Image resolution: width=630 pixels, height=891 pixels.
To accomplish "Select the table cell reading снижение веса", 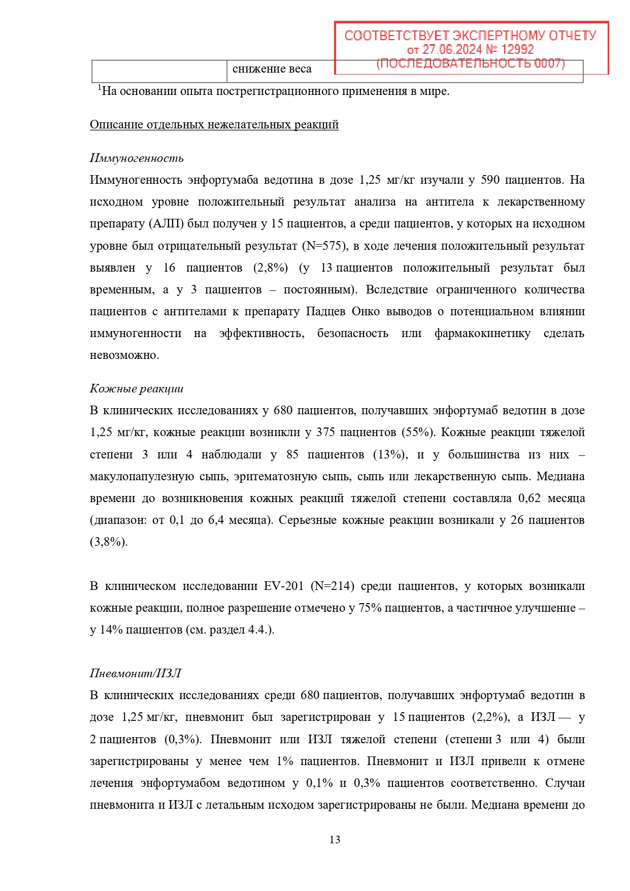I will [272, 70].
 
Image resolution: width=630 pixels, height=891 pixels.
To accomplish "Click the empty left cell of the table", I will [159, 71].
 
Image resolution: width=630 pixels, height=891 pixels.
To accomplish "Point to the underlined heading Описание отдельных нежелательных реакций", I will [214, 125].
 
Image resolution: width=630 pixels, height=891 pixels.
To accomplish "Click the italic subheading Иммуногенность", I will [137, 158].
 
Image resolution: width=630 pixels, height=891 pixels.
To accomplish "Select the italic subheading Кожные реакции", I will [137, 389].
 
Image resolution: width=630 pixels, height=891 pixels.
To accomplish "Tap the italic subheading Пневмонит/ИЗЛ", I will [135, 674].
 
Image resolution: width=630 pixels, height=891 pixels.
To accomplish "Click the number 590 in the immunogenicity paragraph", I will [490, 180].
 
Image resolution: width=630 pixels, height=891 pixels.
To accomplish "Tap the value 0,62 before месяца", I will [529, 499].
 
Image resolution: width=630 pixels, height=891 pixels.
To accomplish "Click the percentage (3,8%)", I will [109, 542].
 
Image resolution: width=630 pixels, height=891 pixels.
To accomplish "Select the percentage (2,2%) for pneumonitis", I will [490, 717].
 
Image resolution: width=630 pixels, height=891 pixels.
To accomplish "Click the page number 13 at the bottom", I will [335, 840].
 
